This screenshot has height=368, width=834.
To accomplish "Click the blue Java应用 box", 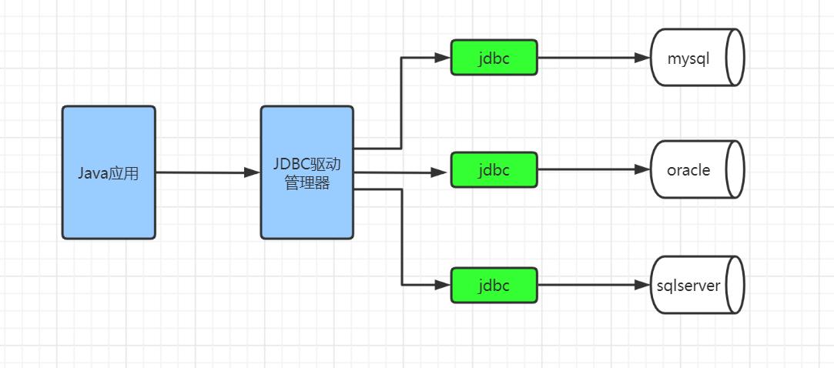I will (109, 172).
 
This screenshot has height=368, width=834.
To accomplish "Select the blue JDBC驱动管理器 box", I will (306, 172).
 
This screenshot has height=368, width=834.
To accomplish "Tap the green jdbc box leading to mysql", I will (494, 58).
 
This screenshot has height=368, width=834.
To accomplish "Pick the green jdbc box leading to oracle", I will (494, 169).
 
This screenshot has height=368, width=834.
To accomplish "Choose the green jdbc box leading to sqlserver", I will (494, 285).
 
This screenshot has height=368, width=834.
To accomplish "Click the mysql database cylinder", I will (697, 58).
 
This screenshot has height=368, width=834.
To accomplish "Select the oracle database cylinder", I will (697, 169).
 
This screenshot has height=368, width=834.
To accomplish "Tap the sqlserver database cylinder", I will (697, 285).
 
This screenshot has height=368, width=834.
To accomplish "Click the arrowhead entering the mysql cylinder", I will (643, 58).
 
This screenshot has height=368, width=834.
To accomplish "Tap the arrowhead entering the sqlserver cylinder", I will (643, 285).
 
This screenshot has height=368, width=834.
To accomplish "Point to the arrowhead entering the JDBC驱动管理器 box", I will (252, 172).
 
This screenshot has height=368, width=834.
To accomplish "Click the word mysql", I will (688, 59).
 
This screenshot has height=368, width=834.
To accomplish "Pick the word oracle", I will (688, 170).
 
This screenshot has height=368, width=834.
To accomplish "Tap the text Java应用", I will (109, 173).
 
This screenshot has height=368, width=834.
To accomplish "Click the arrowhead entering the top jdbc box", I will (442, 58).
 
